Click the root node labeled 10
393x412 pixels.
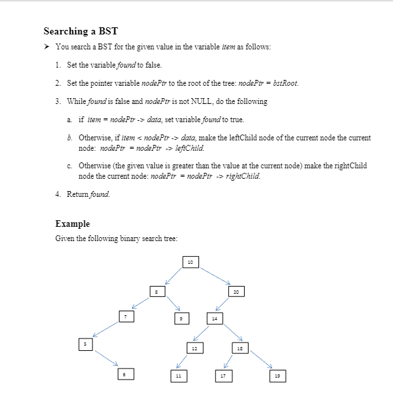pos(190,262)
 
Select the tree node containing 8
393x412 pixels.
pos(157,293)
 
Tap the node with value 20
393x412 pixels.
pos(237,293)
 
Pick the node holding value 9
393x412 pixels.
pos(183,318)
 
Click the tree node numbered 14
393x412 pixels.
pos(214,318)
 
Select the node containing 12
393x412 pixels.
pos(195,349)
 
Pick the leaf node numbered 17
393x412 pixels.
pos(223,376)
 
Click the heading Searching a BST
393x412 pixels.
pos(81,31)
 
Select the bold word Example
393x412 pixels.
pos(73,224)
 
